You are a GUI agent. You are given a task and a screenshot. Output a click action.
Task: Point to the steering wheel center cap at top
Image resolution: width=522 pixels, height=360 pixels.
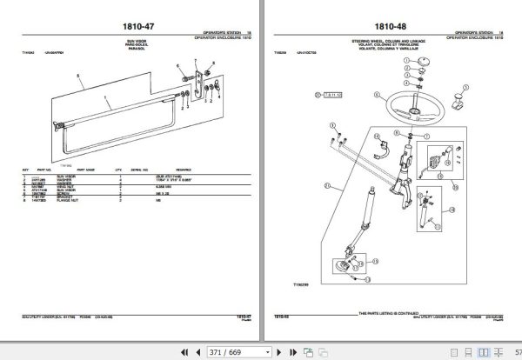[417, 79]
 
